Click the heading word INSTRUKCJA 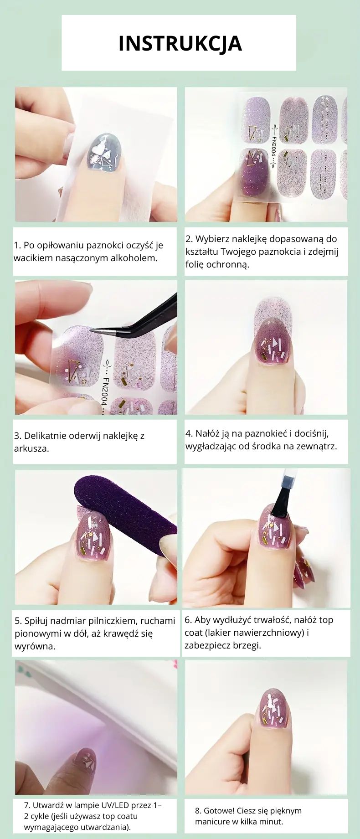[x=180, y=43]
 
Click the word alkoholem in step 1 [x=136, y=258]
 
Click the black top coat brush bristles [x=278, y=505]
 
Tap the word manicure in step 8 [x=211, y=822]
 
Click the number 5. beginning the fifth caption [x=18, y=621]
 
